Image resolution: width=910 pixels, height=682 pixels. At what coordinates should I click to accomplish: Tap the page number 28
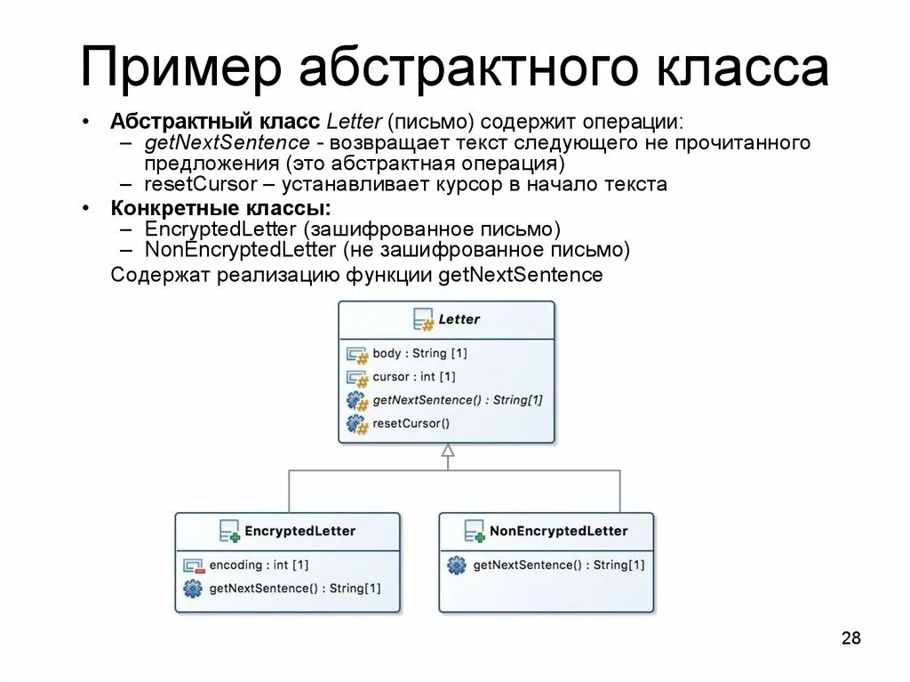coord(850,638)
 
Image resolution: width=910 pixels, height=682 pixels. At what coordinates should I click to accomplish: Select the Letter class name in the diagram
coord(459,319)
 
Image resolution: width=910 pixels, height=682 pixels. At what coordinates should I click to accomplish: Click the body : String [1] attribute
coord(419,353)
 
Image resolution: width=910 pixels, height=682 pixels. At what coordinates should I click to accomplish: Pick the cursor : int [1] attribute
coord(413,376)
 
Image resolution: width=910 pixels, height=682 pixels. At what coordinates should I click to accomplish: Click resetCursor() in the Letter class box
coord(411,423)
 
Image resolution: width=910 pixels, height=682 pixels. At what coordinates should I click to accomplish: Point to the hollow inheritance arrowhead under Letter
coord(448,451)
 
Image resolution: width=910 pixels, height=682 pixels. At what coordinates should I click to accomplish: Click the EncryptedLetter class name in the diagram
coord(299,531)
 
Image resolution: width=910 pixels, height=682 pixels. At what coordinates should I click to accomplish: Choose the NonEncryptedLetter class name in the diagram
coord(558,531)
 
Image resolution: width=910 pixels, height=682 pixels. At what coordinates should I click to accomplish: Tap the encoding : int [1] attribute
coord(259,565)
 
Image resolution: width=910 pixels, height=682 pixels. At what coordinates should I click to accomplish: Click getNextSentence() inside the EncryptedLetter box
coord(294,588)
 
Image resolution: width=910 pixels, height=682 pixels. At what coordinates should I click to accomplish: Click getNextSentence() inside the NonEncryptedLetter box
coord(559,565)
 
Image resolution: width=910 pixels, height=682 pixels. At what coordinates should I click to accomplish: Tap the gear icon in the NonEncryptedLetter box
coord(456,565)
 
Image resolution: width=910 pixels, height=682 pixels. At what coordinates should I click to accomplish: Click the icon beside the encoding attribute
coord(193,565)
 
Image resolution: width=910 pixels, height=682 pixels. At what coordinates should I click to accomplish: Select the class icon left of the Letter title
coord(423,319)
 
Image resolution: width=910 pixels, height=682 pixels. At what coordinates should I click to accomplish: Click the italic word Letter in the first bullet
coord(354,121)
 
